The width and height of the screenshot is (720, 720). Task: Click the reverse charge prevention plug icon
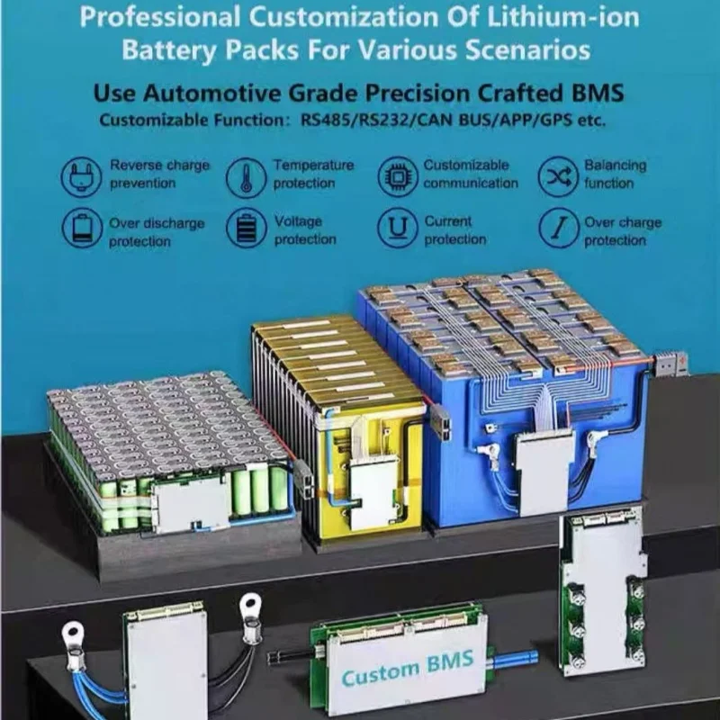pos(82,175)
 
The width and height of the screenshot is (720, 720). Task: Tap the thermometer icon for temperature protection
pos(246,175)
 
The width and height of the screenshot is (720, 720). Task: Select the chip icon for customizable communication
pos(397,175)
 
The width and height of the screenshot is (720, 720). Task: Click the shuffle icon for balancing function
pos(558,176)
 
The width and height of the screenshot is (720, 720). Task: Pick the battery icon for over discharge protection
pos(82,229)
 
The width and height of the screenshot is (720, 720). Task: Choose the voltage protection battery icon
pos(246,229)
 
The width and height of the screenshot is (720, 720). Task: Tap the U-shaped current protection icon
pos(397,229)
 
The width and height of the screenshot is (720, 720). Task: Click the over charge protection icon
pos(558,229)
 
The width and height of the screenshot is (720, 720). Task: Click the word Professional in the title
pos(152,18)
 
